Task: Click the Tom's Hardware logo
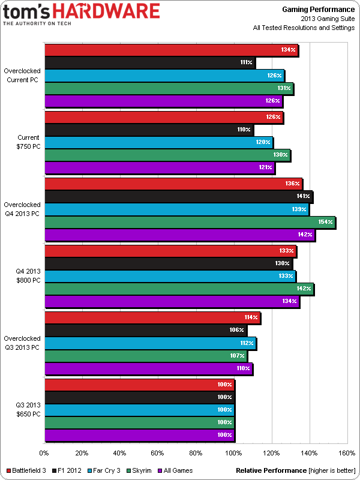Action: pos(81,14)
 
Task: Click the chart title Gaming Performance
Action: pos(318,9)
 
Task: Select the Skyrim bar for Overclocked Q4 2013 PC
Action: pos(190,223)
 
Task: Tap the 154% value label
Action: pos(325,223)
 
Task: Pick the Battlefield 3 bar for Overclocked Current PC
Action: pos(171,50)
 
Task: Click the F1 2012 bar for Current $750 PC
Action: pos(149,130)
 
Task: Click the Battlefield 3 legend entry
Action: pos(28,471)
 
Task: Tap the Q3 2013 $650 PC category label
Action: pos(28,410)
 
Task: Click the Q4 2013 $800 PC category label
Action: pos(28,275)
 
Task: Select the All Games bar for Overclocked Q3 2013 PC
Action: pos(148,369)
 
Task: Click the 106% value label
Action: pos(237,331)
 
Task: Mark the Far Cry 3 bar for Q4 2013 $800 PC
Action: pos(170,276)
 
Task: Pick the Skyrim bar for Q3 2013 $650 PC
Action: pos(139,422)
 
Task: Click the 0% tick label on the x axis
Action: pos(44,453)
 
